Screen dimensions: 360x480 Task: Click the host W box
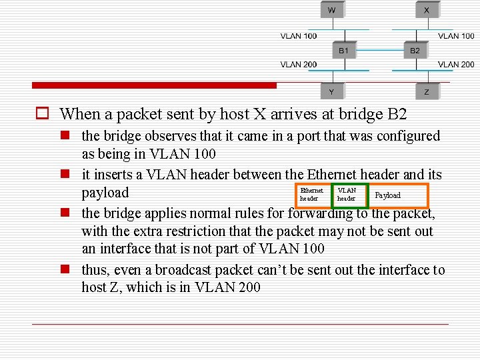pyautogui.click(x=332, y=11)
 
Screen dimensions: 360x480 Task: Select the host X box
pyautogui.click(x=426, y=11)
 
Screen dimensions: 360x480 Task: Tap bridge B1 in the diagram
pyautogui.click(x=343, y=50)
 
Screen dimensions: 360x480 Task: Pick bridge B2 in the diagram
pyautogui.click(x=415, y=50)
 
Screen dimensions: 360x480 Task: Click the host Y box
pyautogui.click(x=332, y=91)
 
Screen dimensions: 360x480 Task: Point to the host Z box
pyautogui.click(x=426, y=91)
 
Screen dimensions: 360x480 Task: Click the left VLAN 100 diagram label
pyautogui.click(x=299, y=36)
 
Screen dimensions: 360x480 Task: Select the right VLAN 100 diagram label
pyautogui.click(x=456, y=36)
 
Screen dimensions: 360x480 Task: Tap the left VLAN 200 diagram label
pyautogui.click(x=299, y=65)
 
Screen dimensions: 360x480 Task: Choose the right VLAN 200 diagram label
pyautogui.click(x=456, y=65)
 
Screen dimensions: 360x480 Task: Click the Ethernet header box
pyautogui.click(x=312, y=195)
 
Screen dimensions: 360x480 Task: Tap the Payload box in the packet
pyautogui.click(x=398, y=195)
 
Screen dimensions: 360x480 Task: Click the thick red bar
pyautogui.click(x=154, y=85)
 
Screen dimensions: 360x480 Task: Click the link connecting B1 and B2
pyautogui.click(x=379, y=50)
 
